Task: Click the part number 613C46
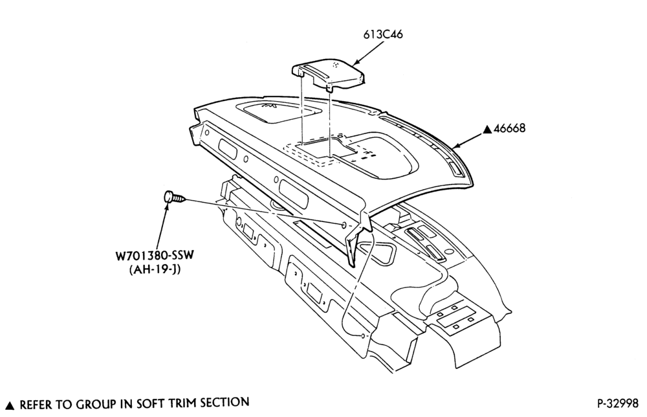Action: pyautogui.click(x=382, y=35)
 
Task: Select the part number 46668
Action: pyautogui.click(x=510, y=128)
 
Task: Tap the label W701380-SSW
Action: pyautogui.click(x=155, y=256)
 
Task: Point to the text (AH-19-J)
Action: pyautogui.click(x=155, y=270)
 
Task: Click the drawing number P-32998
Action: pyautogui.click(x=617, y=403)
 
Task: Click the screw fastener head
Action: pyautogui.click(x=169, y=197)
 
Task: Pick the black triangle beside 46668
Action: pyautogui.click(x=488, y=130)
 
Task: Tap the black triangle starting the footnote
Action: pyautogui.click(x=11, y=405)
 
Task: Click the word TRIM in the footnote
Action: pyautogui.click(x=180, y=403)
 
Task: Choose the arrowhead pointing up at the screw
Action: pyautogui.click(x=168, y=206)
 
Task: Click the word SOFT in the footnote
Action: pyautogui.click(x=148, y=403)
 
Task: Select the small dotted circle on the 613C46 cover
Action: pyautogui.click(x=335, y=64)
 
